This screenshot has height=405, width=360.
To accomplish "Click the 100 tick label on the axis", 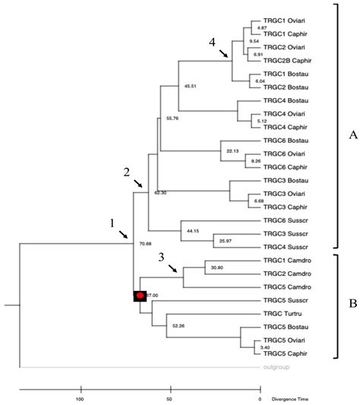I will pyautogui.click(x=79, y=398).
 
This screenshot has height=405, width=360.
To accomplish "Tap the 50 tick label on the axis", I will pyautogui.click(x=169, y=398).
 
